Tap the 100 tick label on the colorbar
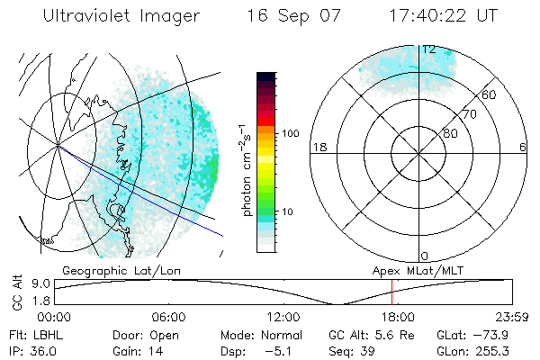290,133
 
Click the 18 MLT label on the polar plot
318,147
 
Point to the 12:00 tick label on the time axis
283,317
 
